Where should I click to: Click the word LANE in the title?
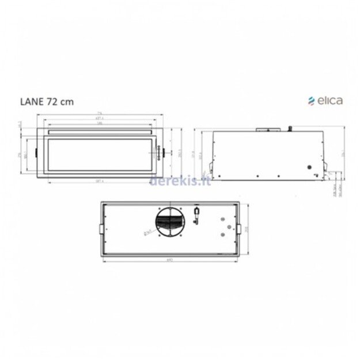pyautogui.click(x=29, y=101)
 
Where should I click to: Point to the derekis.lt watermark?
pyautogui.click(x=180, y=182)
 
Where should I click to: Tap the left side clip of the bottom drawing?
pyautogui.click(x=103, y=229)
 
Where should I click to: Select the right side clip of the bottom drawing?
pyautogui.click(x=239, y=229)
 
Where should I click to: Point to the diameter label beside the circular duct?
pyautogui.click(x=147, y=232)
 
